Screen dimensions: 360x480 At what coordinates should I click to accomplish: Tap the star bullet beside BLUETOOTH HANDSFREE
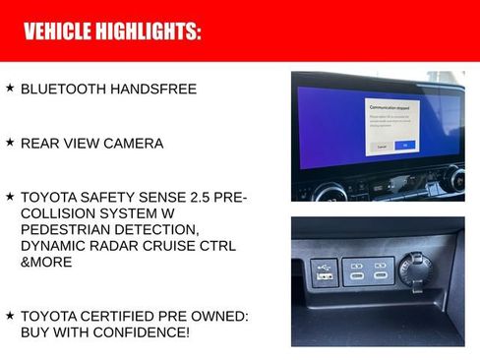pyautogui.click(x=10, y=89)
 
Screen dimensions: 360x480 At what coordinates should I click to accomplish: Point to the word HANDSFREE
pyautogui.click(x=152, y=90)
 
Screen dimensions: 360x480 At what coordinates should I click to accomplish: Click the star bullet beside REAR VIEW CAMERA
pyautogui.click(x=10, y=143)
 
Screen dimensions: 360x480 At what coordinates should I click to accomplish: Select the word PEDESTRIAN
pyautogui.click(x=70, y=229)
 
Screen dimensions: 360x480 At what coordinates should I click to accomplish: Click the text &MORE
pyautogui.click(x=44, y=262)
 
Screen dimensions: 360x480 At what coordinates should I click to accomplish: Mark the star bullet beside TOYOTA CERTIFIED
pyautogui.click(x=10, y=315)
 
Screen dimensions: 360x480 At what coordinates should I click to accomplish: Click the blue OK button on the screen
pyautogui.click(x=404, y=145)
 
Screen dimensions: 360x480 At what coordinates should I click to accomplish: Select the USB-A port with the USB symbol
pyautogui.click(x=323, y=270)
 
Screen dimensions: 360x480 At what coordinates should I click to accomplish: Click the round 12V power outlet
pyautogui.click(x=411, y=269)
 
